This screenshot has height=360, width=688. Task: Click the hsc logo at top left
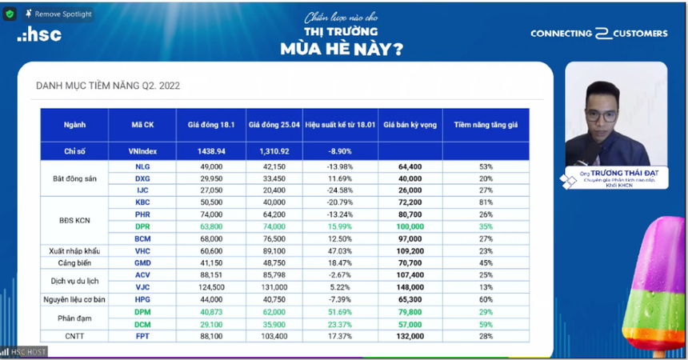pyautogui.click(x=39, y=34)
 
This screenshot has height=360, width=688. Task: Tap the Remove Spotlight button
pyautogui.click(x=62, y=14)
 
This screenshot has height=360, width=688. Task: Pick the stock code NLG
pyautogui.click(x=142, y=166)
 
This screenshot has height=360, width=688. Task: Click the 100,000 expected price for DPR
pyautogui.click(x=409, y=227)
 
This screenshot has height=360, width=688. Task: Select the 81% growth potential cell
pyautogui.click(x=486, y=202)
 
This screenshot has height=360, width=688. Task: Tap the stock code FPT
pyautogui.click(x=142, y=336)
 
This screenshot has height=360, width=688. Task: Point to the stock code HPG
pyautogui.click(x=142, y=299)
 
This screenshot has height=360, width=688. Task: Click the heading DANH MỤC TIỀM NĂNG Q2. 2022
pyautogui.click(x=107, y=84)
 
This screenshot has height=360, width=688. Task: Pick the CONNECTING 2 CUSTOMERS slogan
pyautogui.click(x=598, y=34)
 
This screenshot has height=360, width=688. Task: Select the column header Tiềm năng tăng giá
pyautogui.click(x=486, y=125)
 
